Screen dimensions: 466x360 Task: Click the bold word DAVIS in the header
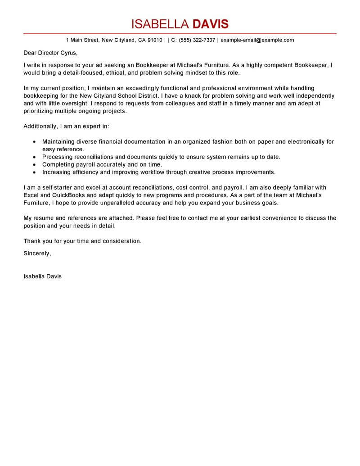pos(210,24)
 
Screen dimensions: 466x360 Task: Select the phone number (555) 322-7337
pos(197,40)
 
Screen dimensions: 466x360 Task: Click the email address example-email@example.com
pos(257,40)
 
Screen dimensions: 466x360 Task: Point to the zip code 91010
pos(155,40)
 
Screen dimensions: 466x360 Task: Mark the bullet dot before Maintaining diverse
pos(34,142)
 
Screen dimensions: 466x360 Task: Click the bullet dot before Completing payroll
pos(34,165)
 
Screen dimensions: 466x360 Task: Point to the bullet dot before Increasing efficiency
pos(34,172)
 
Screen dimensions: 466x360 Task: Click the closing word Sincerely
pos(37,253)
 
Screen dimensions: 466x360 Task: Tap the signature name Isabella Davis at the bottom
pos(42,276)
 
